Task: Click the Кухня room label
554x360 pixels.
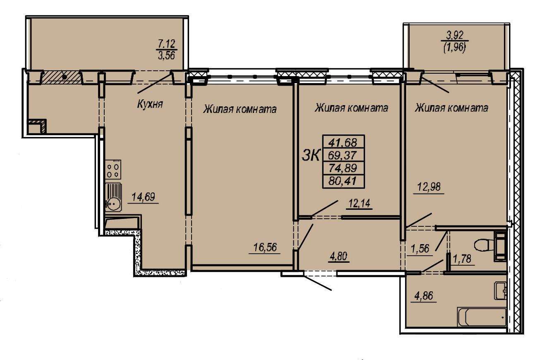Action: (150, 104)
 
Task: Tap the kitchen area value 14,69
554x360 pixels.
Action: (143, 197)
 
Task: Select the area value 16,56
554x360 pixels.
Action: (265, 247)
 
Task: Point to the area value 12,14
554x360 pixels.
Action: (359, 204)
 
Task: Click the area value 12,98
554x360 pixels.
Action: (429, 187)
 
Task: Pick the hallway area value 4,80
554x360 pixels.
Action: (338, 256)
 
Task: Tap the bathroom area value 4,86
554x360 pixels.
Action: (424, 296)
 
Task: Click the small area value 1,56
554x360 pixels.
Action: (420, 249)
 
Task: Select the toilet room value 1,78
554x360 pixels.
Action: (463, 259)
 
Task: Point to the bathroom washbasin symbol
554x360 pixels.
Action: (501, 291)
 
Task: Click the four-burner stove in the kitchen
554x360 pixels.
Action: (113, 169)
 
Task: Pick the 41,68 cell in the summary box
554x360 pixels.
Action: (343, 142)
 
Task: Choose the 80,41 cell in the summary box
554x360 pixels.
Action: (343, 181)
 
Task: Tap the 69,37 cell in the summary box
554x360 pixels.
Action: (343, 155)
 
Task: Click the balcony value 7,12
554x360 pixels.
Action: (166, 44)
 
